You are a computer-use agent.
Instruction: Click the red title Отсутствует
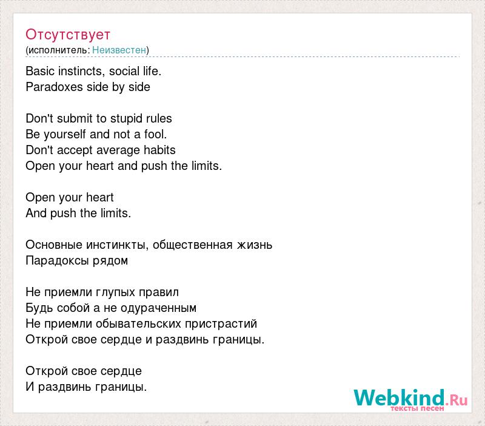pyautogui.click(x=68, y=35)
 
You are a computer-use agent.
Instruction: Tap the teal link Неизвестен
pyautogui.click(x=119, y=50)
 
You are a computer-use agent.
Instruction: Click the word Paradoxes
pyautogui.click(x=54, y=87)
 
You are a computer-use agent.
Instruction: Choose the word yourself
pyautogui.click(x=65, y=135)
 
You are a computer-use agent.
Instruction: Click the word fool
pyautogui.click(x=155, y=134)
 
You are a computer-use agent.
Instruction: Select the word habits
pyautogui.click(x=159, y=150)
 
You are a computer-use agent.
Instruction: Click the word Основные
pyautogui.click(x=54, y=245)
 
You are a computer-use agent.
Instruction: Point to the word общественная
pyautogui.click(x=193, y=245)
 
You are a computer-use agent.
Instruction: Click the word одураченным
pyautogui.click(x=158, y=308)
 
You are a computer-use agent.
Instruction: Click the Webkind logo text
pyautogui.click(x=410, y=397)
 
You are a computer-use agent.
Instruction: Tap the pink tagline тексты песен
pyautogui.click(x=417, y=408)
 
